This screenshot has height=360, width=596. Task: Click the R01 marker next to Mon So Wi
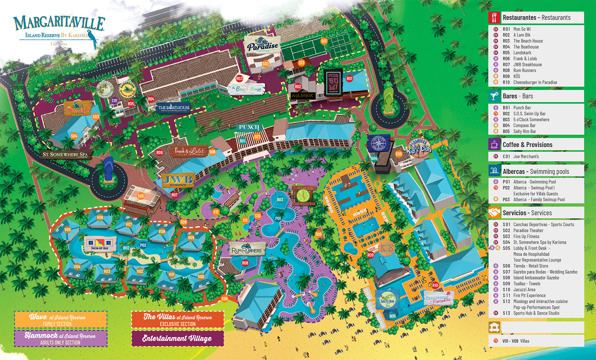coord(349,79)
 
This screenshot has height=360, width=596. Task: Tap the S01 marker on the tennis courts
coord(324,41)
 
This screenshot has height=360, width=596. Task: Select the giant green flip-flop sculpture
coord(389,99)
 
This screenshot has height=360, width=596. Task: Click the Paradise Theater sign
coord(263,45)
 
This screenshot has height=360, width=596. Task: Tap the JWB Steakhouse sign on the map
coord(178,181)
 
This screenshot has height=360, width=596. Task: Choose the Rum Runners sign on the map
coord(246,250)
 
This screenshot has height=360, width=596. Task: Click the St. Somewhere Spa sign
coord(65,155)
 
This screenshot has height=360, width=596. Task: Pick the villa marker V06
coord(100,218)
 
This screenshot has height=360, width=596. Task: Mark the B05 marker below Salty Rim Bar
coord(392,316)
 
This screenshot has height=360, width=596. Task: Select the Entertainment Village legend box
coord(178,338)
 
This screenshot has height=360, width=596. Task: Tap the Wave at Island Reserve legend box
coord(60,320)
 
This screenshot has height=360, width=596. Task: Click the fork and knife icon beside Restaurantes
coord(494,18)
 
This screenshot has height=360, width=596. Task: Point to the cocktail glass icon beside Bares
coord(494,96)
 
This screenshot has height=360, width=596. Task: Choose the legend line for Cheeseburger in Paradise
coord(535,82)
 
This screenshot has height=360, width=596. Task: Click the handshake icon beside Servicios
coord(494,213)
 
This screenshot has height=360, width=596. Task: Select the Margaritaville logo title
coord(59,23)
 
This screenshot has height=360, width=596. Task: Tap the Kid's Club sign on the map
coord(419,148)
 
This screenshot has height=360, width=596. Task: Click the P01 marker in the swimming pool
coord(278,218)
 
